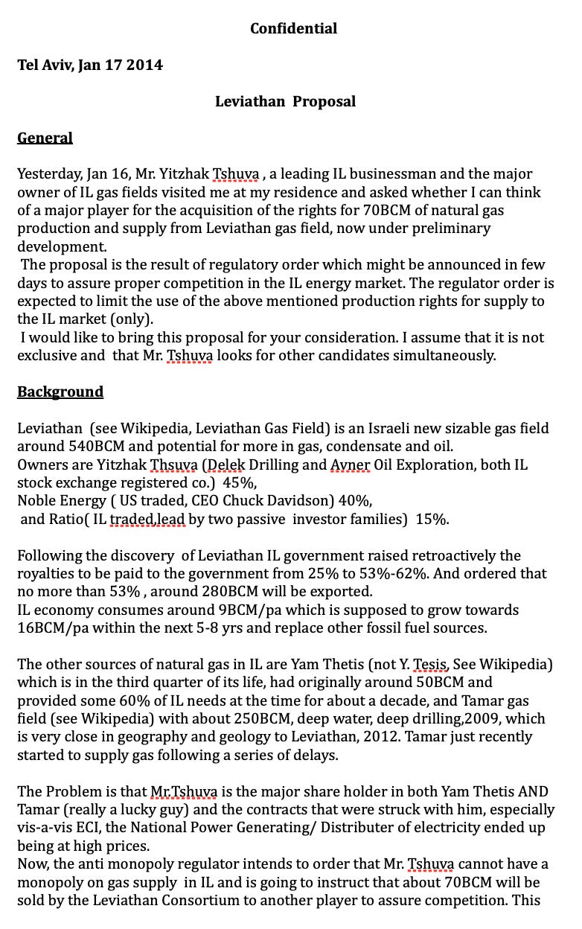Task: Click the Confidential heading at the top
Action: click(x=293, y=28)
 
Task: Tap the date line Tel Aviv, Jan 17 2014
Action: click(x=90, y=65)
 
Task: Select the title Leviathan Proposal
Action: click(x=285, y=101)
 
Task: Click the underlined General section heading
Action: click(x=45, y=138)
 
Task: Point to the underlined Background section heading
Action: click(x=60, y=392)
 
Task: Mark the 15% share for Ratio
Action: click(x=432, y=520)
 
